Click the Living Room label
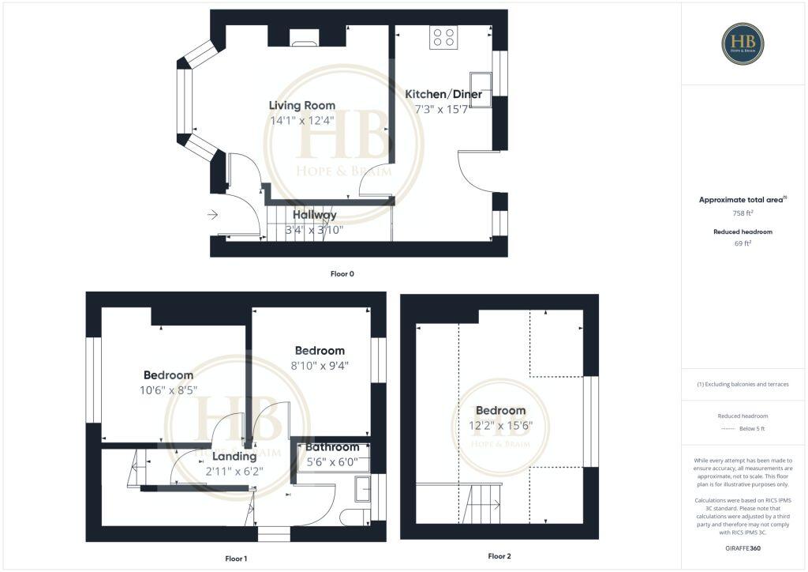tap(301, 105)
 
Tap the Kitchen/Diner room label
tap(443, 94)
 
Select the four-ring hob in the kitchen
tap(443, 37)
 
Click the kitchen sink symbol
tap(481, 83)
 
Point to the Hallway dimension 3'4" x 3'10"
tap(314, 231)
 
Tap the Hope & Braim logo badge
tap(743, 43)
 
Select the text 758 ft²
tap(743, 213)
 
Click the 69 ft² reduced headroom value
tap(743, 244)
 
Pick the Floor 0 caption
tap(342, 274)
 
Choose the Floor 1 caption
tap(236, 559)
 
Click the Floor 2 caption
tap(499, 556)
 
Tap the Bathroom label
tap(332, 447)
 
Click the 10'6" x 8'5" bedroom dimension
tap(168, 389)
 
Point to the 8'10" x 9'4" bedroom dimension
tap(320, 365)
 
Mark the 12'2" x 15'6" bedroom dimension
tap(500, 425)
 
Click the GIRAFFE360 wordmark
tap(743, 548)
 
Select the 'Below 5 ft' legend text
tap(751, 429)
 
